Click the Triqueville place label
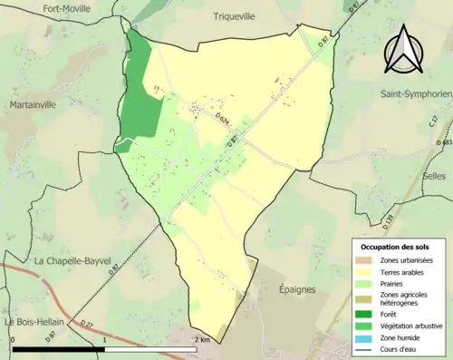click(235, 16)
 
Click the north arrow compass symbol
click(404, 50)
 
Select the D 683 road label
click(444, 143)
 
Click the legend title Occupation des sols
click(396, 247)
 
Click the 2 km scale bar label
click(203, 339)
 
